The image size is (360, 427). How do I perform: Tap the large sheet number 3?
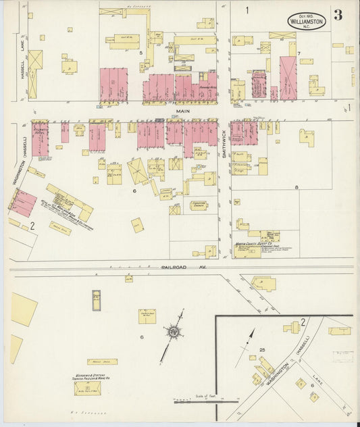click(337, 16)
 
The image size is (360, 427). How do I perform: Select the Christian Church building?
click(199, 205)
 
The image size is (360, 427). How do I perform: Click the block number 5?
click(141, 52)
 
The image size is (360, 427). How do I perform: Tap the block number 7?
click(298, 52)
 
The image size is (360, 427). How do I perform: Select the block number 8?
click(296, 186)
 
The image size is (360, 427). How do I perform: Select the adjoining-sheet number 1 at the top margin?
click(247, 9)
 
